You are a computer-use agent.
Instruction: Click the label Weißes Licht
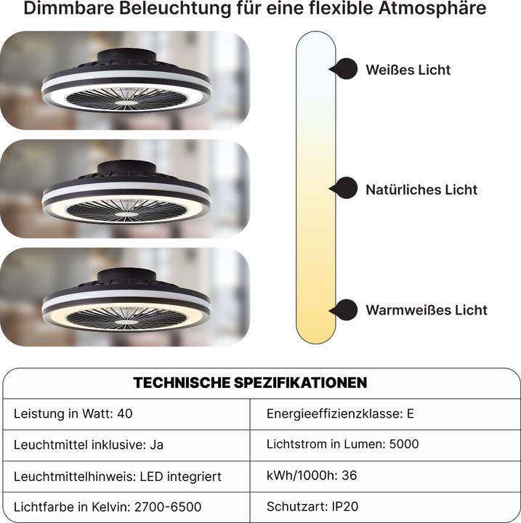click(x=408, y=70)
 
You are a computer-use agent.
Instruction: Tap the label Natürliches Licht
click(x=421, y=190)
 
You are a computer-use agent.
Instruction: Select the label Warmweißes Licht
click(x=427, y=310)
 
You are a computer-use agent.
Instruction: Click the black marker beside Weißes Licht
click(x=345, y=69)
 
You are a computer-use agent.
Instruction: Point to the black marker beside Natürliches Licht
click(x=346, y=189)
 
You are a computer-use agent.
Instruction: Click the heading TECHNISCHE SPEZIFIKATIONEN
click(x=250, y=382)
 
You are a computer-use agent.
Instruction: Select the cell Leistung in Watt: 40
click(x=73, y=414)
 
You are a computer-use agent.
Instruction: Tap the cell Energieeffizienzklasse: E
click(x=340, y=414)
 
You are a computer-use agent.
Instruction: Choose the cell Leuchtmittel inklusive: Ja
click(x=89, y=445)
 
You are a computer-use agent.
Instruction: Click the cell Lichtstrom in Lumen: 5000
click(x=342, y=444)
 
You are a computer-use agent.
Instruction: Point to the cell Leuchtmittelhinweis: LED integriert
click(x=118, y=477)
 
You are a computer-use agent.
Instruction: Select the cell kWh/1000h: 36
click(x=312, y=475)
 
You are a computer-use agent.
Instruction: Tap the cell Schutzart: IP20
click(x=313, y=507)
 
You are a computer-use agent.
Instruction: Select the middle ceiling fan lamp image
click(x=126, y=189)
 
